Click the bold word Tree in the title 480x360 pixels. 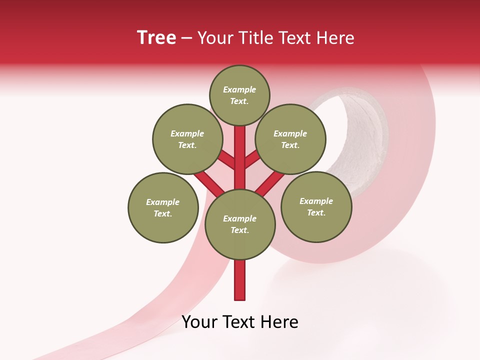tap(156, 37)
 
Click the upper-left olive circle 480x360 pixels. tap(187, 139)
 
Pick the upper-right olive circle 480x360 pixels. tap(290, 139)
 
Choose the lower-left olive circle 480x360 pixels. tap(163, 207)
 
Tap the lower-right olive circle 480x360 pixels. tap(316, 206)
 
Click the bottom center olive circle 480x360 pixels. tap(240, 224)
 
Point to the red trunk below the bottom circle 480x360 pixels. tap(240, 280)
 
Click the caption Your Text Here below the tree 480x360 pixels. tap(240, 322)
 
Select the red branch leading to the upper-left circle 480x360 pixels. tap(226, 160)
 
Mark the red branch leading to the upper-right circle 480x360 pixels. tap(253, 159)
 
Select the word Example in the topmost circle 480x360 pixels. tap(239, 89)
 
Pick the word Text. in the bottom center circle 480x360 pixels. tap(239, 230)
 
